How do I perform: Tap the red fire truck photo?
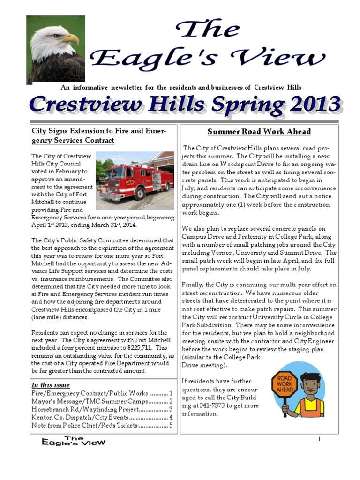135,180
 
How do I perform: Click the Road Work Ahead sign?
285,384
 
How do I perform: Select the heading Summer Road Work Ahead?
259,132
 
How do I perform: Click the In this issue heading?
51,385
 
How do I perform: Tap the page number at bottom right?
319,439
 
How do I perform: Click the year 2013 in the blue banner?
315,105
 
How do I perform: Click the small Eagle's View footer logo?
74,441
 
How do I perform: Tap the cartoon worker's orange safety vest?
311,407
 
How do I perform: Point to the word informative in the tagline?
90,88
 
